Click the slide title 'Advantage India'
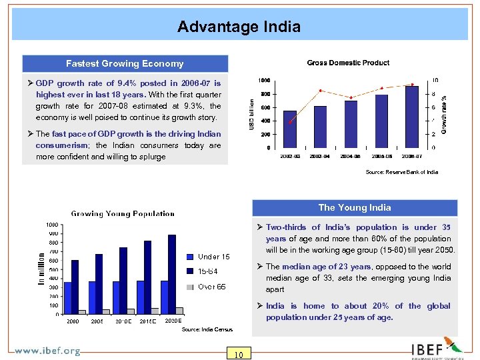(x=239, y=27)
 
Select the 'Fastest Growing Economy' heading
(x=125, y=64)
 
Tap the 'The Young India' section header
(x=354, y=207)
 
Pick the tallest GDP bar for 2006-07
(x=412, y=116)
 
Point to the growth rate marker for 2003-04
(x=321, y=91)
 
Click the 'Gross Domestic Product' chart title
(x=348, y=63)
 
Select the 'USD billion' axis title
(x=251, y=114)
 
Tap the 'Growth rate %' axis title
(x=445, y=111)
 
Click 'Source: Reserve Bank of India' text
(x=402, y=173)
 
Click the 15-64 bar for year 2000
(x=75, y=287)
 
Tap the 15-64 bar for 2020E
(x=172, y=274)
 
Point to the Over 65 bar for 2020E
(x=179, y=311)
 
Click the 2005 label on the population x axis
(x=97, y=321)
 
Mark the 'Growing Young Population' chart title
(x=123, y=214)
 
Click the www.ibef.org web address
(x=47, y=351)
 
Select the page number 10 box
(x=239, y=354)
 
